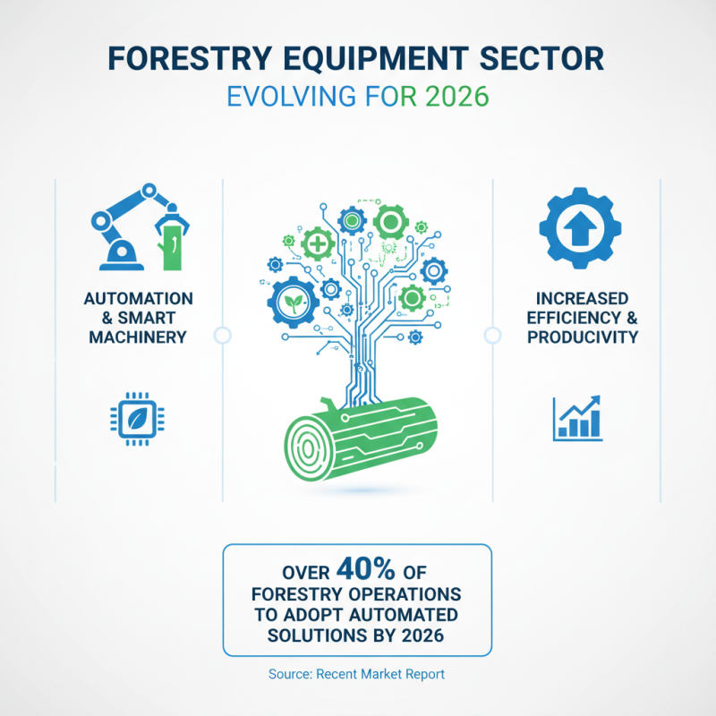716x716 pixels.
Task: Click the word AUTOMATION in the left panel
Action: [137, 298]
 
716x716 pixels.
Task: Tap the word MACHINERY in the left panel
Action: [137, 337]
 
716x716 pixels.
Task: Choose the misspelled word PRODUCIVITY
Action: [582, 337]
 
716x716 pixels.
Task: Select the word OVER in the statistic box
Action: [306, 573]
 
